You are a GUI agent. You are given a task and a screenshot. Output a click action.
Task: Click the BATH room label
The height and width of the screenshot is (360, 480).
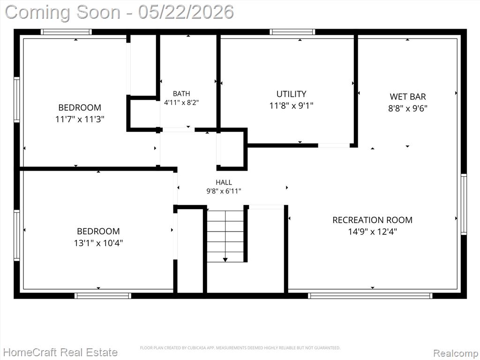pos(181,94)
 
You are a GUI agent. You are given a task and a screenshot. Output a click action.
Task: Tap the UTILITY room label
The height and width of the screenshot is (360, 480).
pos(291,94)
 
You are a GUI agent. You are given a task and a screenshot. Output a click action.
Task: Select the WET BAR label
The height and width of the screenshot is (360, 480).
pos(408,97)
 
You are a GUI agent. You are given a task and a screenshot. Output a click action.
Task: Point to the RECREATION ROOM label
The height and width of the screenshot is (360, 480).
pos(372,220)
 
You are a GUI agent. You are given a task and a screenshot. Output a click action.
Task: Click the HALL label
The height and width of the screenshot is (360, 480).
pos(224,182)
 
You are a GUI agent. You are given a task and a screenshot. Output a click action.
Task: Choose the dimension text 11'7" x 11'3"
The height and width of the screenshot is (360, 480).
pos(80,119)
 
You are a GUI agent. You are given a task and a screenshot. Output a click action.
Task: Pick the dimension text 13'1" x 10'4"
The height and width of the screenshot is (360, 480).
pos(98,243)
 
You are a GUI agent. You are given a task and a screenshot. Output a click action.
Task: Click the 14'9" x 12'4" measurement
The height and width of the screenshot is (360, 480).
pos(372,232)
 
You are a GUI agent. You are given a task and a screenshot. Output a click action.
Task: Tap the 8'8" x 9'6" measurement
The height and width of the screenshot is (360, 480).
pos(408,108)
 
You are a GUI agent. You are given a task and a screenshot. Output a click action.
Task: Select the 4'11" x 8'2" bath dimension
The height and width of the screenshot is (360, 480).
pos(181,103)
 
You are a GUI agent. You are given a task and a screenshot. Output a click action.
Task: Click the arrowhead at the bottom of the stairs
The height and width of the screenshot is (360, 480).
pos(225,260)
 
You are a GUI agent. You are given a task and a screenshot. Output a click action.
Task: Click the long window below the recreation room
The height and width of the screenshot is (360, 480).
pos(370,296)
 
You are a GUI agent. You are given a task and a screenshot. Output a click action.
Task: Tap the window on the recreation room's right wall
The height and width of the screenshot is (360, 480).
pos(464,204)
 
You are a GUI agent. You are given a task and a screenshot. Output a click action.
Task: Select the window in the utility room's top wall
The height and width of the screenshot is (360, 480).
pos(292,32)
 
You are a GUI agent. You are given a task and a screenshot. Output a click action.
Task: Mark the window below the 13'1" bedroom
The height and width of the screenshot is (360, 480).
pos(103,296)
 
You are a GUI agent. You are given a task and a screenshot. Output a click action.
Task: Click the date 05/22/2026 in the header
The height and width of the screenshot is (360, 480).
pos(186,12)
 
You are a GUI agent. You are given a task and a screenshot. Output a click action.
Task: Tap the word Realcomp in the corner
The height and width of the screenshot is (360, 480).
pos(456,353)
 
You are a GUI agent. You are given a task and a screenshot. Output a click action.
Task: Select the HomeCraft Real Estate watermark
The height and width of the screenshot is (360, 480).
pos(60,352)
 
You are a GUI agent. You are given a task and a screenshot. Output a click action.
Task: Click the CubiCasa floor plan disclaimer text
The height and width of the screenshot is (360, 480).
pos(240,348)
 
